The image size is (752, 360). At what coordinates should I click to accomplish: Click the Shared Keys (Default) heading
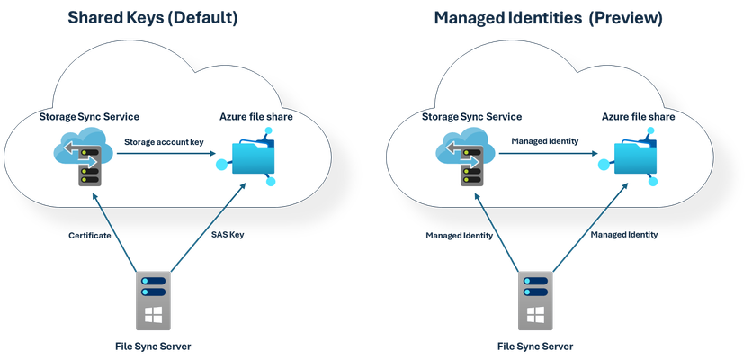click(153, 17)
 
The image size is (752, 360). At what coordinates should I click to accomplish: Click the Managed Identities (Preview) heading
click(548, 18)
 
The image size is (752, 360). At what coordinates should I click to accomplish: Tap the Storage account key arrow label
click(164, 142)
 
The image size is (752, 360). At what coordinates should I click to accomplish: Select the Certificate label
click(90, 236)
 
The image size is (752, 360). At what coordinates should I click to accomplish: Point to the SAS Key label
click(228, 235)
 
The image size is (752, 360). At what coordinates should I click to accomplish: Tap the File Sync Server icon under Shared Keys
click(153, 301)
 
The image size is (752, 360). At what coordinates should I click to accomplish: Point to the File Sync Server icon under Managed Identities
click(535, 301)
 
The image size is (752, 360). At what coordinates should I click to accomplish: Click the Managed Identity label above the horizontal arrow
click(545, 141)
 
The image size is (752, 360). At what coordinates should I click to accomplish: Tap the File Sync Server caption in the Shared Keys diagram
click(153, 346)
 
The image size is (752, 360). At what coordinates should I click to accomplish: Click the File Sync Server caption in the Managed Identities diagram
click(535, 346)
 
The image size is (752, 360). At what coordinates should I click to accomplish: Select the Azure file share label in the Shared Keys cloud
click(256, 117)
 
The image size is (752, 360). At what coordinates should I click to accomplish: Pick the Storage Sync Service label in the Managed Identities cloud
click(471, 117)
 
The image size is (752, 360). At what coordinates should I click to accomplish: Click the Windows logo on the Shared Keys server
click(153, 315)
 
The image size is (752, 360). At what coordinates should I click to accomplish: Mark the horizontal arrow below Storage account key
click(166, 154)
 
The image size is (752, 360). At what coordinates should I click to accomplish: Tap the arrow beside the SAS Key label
click(209, 228)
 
